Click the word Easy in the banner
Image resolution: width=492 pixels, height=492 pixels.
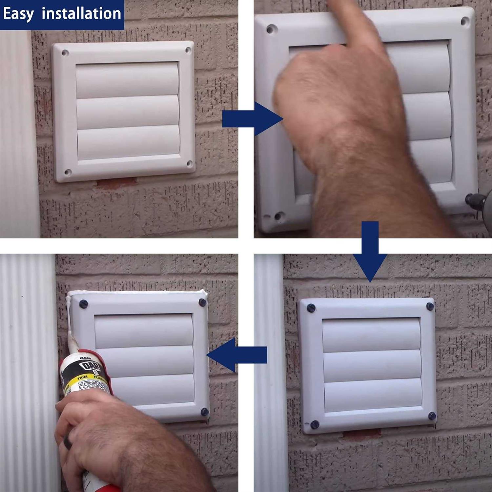(x=18, y=14)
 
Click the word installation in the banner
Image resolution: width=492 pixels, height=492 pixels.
(x=81, y=14)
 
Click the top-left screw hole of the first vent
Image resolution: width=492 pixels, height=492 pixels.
(x=65, y=52)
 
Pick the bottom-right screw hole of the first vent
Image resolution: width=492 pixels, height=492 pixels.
(x=189, y=163)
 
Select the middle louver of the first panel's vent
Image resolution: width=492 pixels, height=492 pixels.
(x=128, y=112)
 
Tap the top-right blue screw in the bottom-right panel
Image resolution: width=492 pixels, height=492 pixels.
(x=430, y=306)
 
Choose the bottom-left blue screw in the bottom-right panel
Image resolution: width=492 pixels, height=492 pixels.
(x=315, y=424)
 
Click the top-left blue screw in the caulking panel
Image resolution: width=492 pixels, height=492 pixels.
(x=83, y=304)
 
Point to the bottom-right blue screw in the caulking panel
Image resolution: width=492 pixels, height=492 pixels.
(x=204, y=412)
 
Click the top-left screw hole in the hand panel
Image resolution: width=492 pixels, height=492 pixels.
(x=271, y=30)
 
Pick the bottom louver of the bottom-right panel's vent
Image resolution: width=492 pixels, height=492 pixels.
(x=373, y=395)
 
